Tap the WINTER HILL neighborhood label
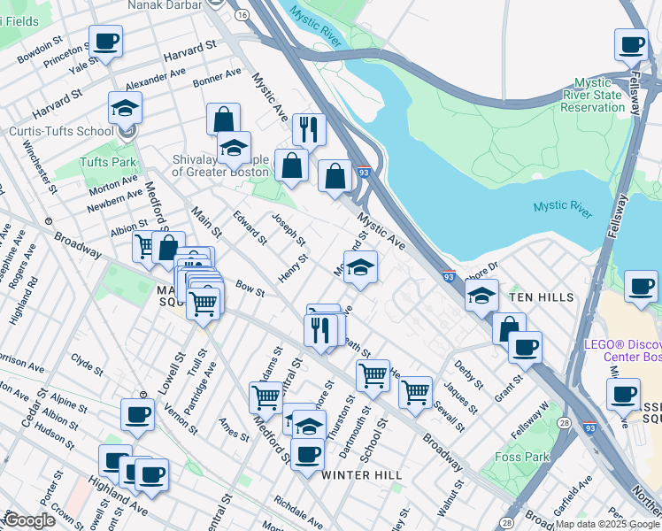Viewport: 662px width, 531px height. [361, 475]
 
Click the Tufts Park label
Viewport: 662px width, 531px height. [108, 163]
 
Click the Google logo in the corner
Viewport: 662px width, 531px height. [29, 520]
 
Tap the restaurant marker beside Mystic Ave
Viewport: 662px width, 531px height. [309, 129]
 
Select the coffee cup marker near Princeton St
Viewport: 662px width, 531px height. [105, 41]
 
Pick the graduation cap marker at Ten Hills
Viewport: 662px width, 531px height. [481, 296]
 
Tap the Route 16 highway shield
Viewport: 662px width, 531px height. [242, 15]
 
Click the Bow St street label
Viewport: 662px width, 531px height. [250, 288]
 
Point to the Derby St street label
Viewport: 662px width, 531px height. [467, 374]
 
